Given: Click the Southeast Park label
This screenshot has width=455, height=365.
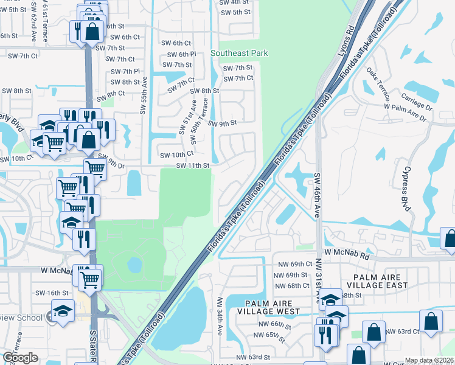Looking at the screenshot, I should tap(239, 54).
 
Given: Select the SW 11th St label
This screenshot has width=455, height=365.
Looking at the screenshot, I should tap(193, 165).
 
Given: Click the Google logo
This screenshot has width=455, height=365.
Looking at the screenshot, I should tap(20, 358).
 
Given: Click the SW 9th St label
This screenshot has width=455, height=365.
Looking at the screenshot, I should tap(222, 123).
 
